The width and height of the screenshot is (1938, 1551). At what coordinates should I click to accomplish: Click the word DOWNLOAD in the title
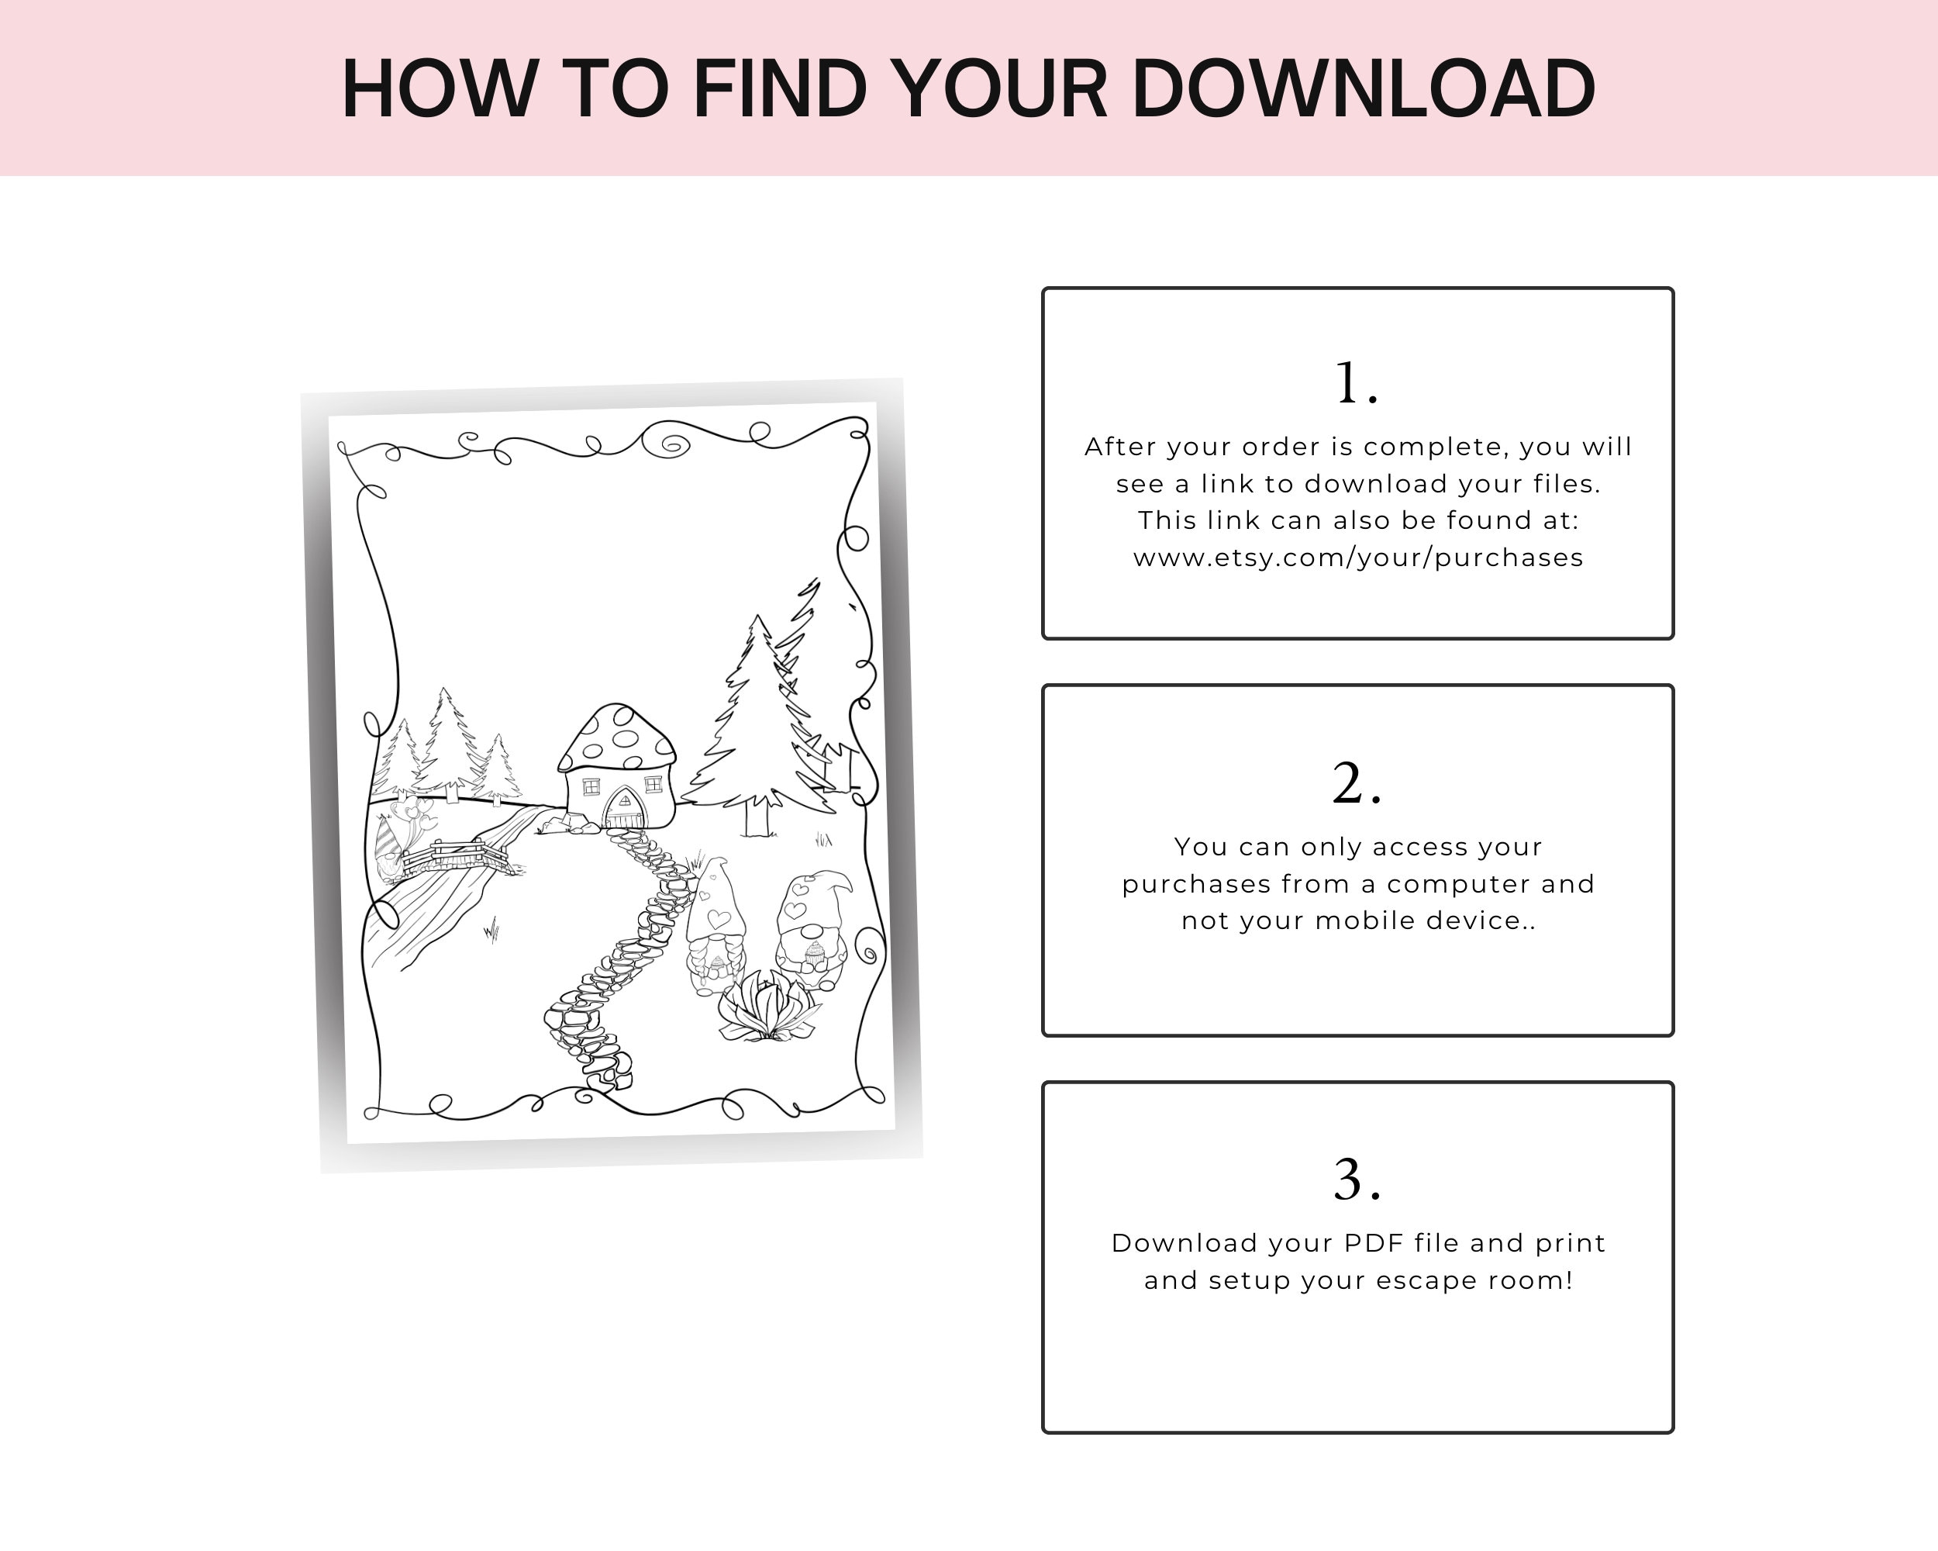(x=1363, y=88)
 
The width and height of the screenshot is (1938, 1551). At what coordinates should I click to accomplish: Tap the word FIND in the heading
(x=779, y=88)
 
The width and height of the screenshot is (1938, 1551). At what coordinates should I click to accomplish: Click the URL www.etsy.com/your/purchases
(x=1357, y=558)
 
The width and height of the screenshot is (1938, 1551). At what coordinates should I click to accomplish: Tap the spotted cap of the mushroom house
(x=616, y=738)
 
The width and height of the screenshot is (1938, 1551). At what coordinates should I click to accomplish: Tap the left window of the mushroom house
(x=591, y=786)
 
